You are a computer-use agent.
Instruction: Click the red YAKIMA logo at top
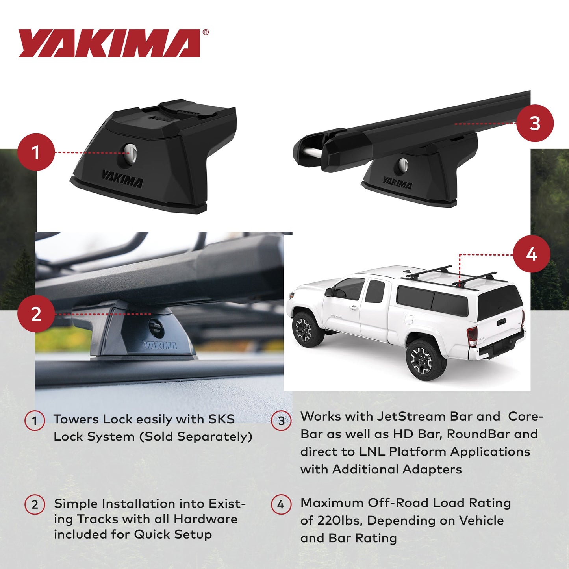point(109,43)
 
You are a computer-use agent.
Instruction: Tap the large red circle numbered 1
point(36,152)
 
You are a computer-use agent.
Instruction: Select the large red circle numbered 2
point(36,314)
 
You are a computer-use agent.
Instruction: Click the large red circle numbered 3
point(535,123)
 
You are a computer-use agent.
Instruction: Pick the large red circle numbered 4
point(532,254)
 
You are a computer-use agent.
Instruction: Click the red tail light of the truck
point(472,335)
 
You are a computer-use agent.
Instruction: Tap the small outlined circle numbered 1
point(35,421)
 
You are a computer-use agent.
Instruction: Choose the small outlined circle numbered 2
point(35,504)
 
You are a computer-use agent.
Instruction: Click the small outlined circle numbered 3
point(281,421)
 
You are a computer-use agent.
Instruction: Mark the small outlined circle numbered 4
point(281,504)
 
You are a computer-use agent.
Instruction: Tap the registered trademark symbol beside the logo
point(206,33)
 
